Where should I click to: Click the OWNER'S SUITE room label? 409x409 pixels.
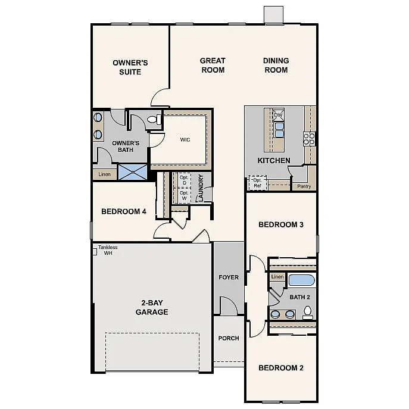tap(130, 67)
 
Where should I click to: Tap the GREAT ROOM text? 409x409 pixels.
tap(213, 65)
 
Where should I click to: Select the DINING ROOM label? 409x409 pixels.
tap(276, 65)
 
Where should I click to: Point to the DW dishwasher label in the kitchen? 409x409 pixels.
tap(278, 115)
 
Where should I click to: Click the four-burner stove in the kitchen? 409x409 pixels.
tap(310, 139)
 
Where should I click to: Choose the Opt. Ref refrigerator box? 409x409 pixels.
tap(257, 183)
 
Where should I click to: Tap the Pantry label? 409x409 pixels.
tap(304, 186)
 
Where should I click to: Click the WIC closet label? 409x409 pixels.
tap(185, 140)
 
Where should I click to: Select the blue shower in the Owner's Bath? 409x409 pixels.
tap(132, 172)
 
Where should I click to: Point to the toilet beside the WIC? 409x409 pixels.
tap(152, 120)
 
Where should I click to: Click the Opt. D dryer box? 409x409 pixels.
tap(184, 180)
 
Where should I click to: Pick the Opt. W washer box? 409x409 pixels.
tap(184, 195)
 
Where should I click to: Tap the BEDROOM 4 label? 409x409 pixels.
tap(124, 211)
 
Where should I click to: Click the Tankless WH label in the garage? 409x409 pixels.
tap(107, 250)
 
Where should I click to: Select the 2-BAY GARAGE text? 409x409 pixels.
tap(152, 307)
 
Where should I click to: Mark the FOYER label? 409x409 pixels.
tap(229, 277)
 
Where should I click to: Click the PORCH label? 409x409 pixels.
tap(229, 338)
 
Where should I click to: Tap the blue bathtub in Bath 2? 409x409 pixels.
tap(301, 280)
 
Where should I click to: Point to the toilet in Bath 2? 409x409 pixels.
tap(308, 311)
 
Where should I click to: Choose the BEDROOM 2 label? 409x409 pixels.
tap(281, 368)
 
